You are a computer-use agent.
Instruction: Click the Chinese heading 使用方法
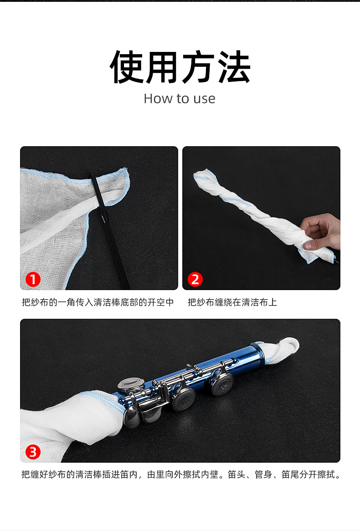180,66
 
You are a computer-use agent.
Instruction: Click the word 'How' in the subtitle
156,98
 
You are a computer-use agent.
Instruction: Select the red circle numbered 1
33,279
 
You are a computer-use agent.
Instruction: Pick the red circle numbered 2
195,279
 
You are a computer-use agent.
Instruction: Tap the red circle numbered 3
33,452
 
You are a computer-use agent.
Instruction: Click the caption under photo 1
98,302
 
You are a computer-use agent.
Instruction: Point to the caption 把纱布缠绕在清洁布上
232,302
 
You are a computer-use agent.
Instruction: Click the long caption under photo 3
180,474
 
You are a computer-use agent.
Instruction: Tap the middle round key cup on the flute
184,400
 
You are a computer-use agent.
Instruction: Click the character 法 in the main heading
234,66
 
